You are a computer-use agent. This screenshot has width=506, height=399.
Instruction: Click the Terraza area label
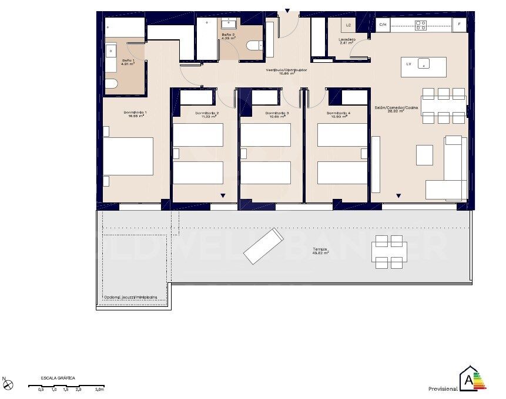click(x=320, y=251)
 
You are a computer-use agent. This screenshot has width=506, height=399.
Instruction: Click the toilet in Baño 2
click(x=254, y=46)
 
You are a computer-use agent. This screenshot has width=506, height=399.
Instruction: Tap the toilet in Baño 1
click(x=111, y=84)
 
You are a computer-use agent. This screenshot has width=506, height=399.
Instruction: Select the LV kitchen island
click(x=423, y=66)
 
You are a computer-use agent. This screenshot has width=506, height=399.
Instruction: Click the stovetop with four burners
click(x=421, y=25)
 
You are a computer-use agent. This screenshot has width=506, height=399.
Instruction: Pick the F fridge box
click(x=460, y=25)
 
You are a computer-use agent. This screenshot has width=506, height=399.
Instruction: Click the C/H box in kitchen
click(x=383, y=25)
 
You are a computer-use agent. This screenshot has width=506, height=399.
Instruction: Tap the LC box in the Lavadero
click(x=348, y=25)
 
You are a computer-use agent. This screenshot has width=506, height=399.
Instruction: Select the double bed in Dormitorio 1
click(x=128, y=156)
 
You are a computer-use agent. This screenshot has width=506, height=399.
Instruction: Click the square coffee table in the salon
click(x=424, y=155)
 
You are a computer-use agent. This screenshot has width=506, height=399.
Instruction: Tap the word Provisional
click(x=443, y=389)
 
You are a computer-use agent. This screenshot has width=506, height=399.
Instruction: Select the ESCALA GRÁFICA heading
click(x=57, y=378)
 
